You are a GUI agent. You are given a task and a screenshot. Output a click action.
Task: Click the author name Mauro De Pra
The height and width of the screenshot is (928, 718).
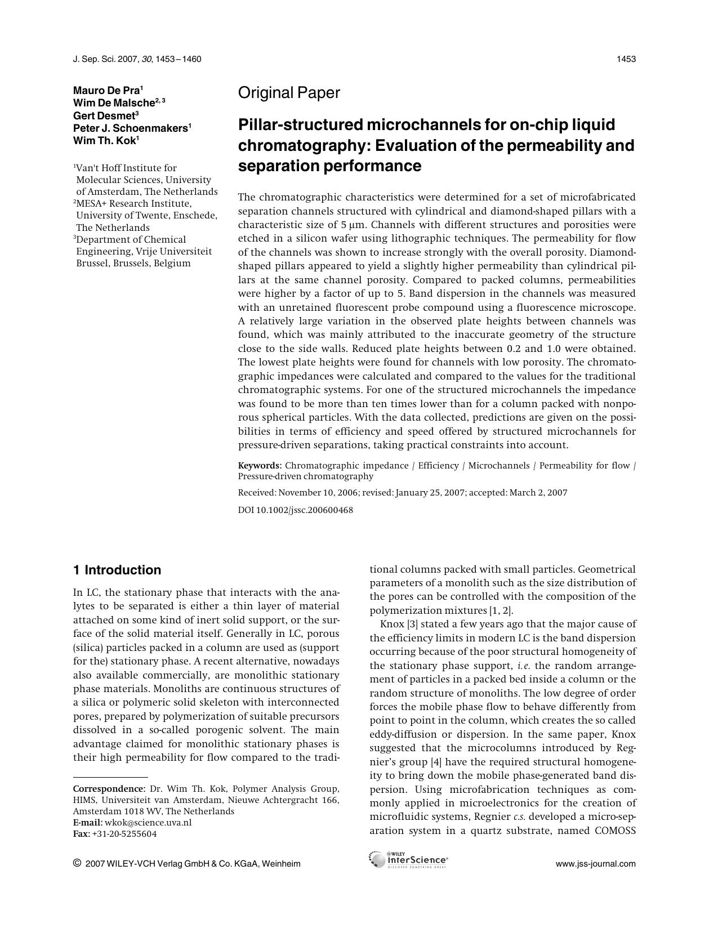pos(106,90)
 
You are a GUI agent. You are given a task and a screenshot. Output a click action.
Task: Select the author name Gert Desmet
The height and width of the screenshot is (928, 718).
pos(104,115)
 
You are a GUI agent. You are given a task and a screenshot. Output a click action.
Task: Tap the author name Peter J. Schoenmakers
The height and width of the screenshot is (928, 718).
pos(131,128)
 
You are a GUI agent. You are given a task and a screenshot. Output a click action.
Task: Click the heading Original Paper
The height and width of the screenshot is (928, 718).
pos(289,93)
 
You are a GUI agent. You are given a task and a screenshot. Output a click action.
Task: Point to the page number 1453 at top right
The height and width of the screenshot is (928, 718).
pos(626,59)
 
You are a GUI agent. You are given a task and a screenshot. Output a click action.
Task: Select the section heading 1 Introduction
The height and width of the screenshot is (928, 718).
pos(117,570)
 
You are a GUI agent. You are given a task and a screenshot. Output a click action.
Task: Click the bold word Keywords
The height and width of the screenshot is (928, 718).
pos(259,466)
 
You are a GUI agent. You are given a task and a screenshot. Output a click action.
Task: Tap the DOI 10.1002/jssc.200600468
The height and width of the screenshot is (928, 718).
pos(296,510)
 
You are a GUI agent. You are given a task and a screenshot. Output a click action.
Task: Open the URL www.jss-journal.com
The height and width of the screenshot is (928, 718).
pos(595,864)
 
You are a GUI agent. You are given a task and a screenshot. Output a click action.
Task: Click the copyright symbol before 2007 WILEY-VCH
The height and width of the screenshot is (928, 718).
pos(77,863)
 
